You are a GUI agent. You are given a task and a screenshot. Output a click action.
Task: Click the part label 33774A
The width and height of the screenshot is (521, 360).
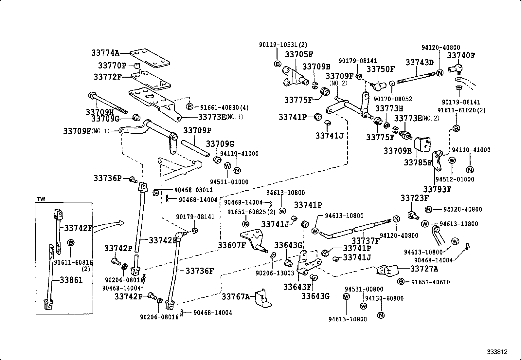pos(105,53)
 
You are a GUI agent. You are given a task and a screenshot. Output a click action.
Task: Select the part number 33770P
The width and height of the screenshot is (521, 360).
pos(112,66)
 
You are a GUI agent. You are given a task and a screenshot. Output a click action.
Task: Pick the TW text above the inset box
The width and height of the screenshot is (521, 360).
pos(41,199)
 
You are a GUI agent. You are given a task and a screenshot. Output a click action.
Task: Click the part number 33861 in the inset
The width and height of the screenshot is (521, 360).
pos(71,280)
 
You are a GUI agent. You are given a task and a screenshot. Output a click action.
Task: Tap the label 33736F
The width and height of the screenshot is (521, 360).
pos(199,271)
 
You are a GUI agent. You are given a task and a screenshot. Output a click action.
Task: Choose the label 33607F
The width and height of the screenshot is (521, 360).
pos(232,245)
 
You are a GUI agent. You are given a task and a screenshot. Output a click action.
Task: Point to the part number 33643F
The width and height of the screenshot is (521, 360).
pos(297,287)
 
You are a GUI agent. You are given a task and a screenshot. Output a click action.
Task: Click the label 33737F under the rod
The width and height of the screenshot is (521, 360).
pos(365,241)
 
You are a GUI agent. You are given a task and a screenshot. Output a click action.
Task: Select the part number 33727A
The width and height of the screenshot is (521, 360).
pos(424,269)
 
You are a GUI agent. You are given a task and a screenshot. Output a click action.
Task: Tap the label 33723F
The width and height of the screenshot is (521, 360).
pos(414,198)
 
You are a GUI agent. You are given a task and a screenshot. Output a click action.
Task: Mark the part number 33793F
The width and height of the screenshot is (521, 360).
pos(437,189)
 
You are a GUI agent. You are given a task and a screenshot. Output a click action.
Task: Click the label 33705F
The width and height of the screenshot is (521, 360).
pos(298,54)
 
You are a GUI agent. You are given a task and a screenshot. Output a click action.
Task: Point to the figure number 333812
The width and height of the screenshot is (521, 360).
pos(497,352)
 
